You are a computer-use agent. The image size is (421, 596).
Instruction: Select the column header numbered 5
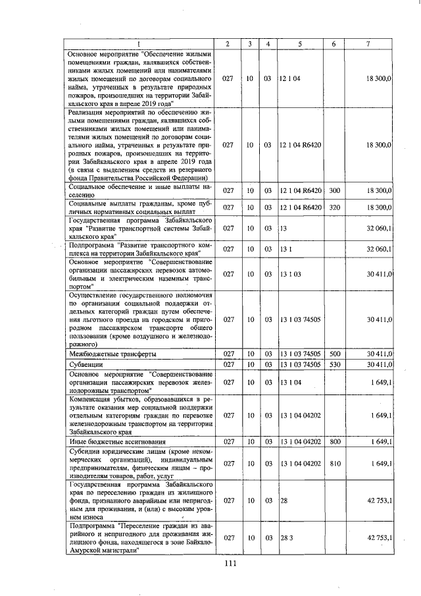300,44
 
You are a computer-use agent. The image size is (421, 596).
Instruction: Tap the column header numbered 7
368,44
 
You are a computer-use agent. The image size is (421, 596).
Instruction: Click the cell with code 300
334,190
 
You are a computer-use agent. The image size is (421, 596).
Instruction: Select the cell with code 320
334,207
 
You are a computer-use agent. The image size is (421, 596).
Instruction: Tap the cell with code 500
334,353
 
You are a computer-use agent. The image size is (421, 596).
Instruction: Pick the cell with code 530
334,364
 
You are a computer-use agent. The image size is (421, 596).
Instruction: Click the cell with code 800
334,441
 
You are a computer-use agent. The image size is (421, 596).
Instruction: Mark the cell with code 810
334,464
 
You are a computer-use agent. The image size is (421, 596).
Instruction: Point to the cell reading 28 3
286,538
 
